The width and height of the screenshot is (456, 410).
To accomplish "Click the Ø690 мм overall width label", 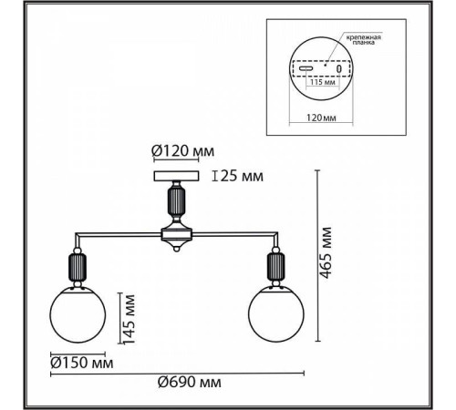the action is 190,382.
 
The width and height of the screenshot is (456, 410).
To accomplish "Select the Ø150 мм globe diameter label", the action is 82,363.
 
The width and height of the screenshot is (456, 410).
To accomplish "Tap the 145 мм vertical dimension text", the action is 130,319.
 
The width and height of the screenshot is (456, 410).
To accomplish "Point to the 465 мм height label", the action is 326,252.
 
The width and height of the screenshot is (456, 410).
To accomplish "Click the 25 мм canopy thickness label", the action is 242,176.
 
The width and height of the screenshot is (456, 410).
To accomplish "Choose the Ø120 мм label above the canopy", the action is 183,151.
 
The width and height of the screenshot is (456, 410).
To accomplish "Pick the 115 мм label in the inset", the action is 323,82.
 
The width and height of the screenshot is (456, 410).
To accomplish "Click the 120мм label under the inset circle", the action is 321,118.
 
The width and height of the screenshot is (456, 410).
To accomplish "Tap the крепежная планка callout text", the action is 364,40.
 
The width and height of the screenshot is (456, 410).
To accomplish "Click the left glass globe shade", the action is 78,314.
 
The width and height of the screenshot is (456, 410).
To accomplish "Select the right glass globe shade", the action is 276,314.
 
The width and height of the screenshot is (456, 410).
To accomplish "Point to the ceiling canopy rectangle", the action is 176,176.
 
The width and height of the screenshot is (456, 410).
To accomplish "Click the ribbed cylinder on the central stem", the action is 176,200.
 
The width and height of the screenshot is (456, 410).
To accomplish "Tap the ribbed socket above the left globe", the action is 78,267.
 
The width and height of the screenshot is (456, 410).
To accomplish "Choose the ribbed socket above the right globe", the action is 275,267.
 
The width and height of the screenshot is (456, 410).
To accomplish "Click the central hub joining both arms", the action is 177,234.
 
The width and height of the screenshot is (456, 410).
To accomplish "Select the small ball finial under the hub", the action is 176,249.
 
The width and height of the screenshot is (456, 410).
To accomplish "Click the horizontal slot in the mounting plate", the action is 306,68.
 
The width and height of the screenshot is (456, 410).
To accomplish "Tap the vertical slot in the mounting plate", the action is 339,68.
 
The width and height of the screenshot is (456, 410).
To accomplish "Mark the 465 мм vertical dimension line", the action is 318,255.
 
